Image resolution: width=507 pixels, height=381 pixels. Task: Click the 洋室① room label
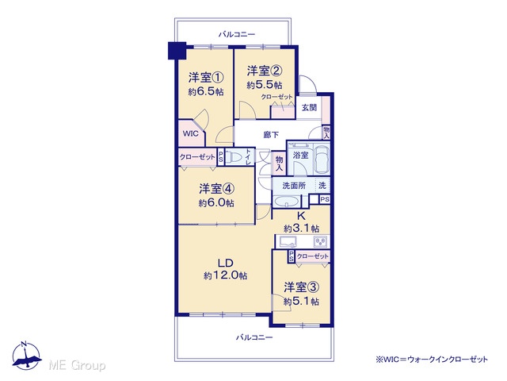click(x=206, y=78)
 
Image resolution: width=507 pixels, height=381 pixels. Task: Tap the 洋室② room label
click(x=265, y=71)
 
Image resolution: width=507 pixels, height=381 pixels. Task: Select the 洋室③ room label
click(x=301, y=287)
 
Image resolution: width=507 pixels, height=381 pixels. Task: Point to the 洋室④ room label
click(x=216, y=188)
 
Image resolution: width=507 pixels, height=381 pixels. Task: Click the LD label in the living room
click(x=225, y=263)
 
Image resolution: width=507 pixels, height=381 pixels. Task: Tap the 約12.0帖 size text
click(x=225, y=275)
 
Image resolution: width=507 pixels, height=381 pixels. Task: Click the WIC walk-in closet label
click(x=190, y=133)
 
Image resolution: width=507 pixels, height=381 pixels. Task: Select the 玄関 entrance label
click(x=309, y=108)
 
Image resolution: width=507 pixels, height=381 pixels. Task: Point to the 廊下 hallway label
click(x=271, y=134)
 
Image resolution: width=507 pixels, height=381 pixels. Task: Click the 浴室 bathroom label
click(x=300, y=156)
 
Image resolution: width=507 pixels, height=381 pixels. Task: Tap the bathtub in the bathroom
click(x=322, y=160)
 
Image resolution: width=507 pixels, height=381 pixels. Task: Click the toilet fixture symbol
click(x=234, y=157)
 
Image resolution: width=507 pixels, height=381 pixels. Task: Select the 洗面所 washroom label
click(x=294, y=186)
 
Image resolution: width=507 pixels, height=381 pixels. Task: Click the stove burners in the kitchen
click(x=321, y=241)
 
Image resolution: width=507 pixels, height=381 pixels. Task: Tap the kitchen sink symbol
click(x=288, y=241)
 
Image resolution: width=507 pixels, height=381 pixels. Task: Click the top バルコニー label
click(x=237, y=34)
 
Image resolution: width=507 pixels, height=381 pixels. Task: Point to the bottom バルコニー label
click(x=254, y=337)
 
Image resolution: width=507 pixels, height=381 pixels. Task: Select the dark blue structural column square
click(x=177, y=51)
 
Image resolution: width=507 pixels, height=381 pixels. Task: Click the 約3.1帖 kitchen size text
click(x=301, y=229)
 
